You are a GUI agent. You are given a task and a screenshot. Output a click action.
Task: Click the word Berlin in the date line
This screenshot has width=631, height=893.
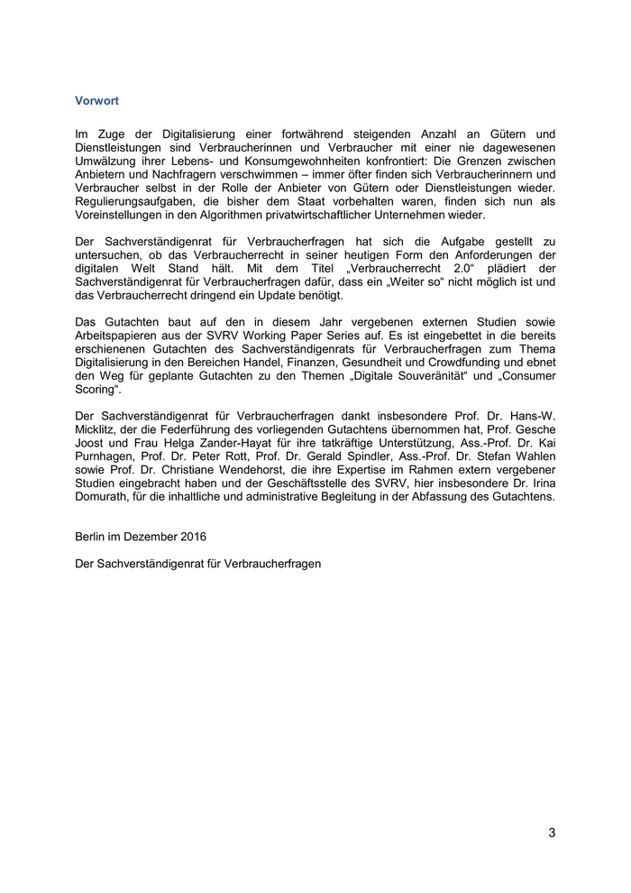pyautogui.click(x=93, y=536)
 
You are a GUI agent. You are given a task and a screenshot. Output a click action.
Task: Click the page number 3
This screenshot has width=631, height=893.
pyautogui.click(x=552, y=833)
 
